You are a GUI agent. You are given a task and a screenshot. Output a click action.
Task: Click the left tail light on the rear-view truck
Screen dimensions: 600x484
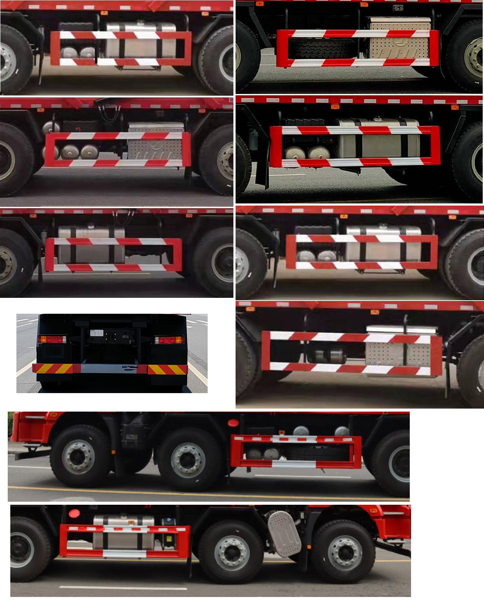[x=52, y=339]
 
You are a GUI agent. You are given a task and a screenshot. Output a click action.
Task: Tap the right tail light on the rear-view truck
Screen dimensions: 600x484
[x=169, y=340]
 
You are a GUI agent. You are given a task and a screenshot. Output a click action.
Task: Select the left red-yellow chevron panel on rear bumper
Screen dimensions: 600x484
[x=53, y=369]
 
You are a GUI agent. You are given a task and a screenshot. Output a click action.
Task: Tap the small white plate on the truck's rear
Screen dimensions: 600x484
[x=97, y=332]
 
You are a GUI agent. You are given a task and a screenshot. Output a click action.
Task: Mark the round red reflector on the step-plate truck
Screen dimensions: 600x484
[x=74, y=513]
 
